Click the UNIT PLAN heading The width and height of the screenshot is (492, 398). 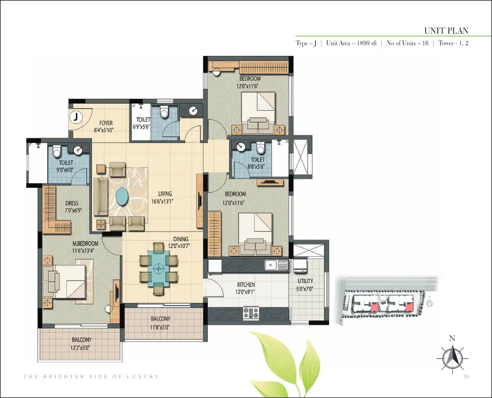pos(446,31)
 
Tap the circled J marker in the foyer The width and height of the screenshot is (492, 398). pos(75,117)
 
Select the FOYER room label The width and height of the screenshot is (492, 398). pos(106,123)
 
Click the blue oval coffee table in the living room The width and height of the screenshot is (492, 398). pos(122,197)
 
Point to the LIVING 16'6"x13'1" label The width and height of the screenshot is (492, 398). pos(162,198)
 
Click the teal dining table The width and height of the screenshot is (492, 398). pos(159,268)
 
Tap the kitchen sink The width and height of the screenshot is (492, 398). pos(276,265)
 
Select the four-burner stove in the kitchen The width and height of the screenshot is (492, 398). pos(251,313)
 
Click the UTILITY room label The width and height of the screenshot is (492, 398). pos(305,281)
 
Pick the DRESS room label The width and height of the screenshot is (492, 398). pos(72,203)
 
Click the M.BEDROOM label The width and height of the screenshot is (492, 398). pos(85,243)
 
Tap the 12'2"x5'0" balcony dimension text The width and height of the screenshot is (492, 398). pos(81,348)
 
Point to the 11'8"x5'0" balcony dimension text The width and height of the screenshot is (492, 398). pos(160,327)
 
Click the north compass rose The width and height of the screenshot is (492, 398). pos(452,358)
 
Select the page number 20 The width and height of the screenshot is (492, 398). pos(466,376)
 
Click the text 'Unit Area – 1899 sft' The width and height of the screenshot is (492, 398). pos(351,43)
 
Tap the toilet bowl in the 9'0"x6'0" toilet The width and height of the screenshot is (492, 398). pos(56,152)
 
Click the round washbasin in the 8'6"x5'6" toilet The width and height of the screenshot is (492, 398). pos(241,146)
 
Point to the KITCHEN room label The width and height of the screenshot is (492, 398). pos(246,285)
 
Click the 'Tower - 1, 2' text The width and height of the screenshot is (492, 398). pos(453,43)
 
